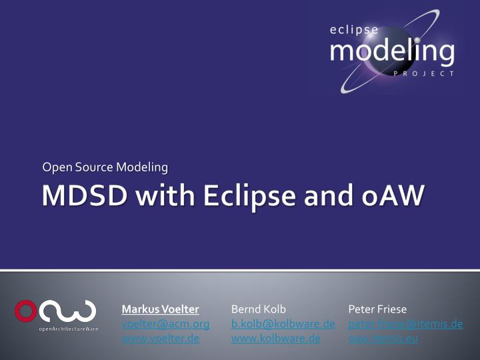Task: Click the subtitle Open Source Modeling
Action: tap(105, 166)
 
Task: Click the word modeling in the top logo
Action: tap(393, 51)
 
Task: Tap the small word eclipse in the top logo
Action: tap(354, 29)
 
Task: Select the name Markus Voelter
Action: tap(160, 309)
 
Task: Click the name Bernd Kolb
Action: tap(258, 309)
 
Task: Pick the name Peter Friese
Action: tap(377, 309)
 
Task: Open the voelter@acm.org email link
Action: tap(165, 324)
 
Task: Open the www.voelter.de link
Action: tap(161, 339)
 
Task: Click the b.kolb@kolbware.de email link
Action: tap(283, 324)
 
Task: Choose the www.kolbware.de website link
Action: tap(275, 339)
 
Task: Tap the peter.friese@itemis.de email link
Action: tap(405, 324)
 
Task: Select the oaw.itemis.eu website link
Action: tap(383, 339)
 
